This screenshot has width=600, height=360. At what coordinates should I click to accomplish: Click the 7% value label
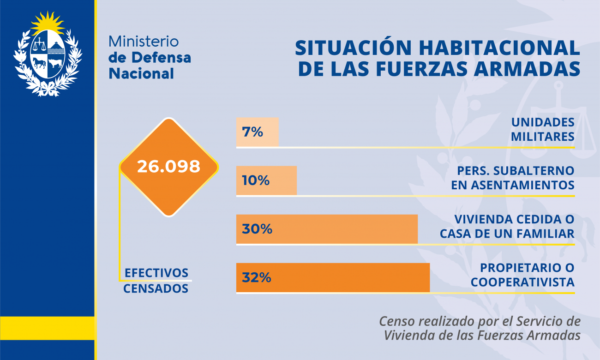pyautogui.click(x=252, y=132)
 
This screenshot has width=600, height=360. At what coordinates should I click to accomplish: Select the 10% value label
pyautogui.click(x=255, y=180)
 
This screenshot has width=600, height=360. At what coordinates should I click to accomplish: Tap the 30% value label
pyautogui.click(x=257, y=229)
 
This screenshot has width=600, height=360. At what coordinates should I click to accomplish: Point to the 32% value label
pyautogui.click(x=257, y=277)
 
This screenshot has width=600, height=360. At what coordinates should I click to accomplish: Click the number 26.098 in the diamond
pyautogui.click(x=168, y=167)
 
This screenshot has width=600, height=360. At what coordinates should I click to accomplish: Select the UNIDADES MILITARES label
pyautogui.click(x=543, y=129)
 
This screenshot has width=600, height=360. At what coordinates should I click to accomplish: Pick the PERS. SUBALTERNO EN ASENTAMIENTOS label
pyautogui.click(x=516, y=178)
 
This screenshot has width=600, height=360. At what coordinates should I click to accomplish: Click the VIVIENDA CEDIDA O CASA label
pyautogui.click(x=507, y=226)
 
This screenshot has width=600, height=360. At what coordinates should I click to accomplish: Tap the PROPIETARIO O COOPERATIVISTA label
pyautogui.click(x=522, y=275)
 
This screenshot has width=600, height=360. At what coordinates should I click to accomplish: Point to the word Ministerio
pyautogui.click(x=144, y=42)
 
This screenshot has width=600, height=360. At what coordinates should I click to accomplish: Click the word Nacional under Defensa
pyautogui.click(x=141, y=73)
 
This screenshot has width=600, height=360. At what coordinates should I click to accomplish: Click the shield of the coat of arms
pyautogui.click(x=48, y=54)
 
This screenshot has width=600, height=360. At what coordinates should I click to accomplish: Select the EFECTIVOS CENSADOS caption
pyautogui.click(x=156, y=280)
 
